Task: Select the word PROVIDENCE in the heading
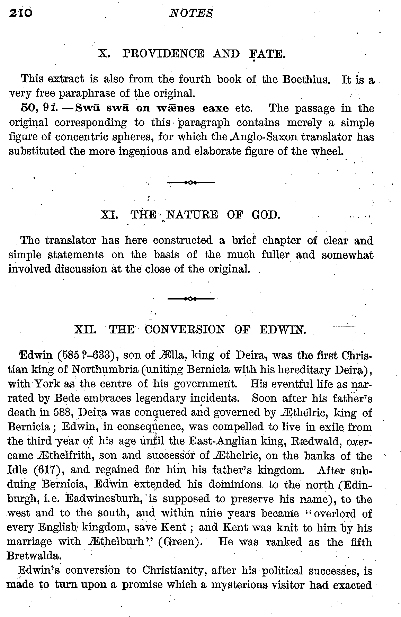point(163,54)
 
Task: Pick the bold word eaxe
point(215,108)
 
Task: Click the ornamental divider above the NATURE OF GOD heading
point(191,182)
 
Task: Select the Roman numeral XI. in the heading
point(109,215)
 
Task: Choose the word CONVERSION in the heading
point(185,329)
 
